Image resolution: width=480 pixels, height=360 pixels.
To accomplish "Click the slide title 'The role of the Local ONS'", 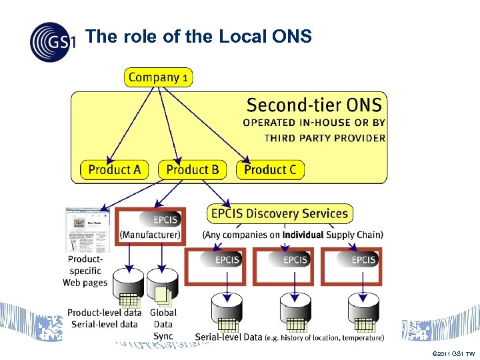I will click(x=199, y=37).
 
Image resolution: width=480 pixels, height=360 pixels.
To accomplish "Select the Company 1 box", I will click(x=158, y=77).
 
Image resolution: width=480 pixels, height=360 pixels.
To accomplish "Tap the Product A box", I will click(x=115, y=169).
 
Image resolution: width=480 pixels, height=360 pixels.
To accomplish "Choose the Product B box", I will click(x=192, y=169).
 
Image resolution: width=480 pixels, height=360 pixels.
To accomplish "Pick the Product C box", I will click(x=270, y=169).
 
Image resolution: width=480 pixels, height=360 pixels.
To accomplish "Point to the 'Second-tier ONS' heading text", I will click(x=314, y=105).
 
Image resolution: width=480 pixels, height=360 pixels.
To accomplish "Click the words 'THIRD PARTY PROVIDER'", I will click(x=325, y=138).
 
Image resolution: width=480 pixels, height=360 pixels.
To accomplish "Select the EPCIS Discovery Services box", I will click(x=279, y=213).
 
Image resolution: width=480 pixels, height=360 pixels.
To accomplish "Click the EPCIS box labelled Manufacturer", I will click(x=151, y=225).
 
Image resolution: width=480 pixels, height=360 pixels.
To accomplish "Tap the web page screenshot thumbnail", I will click(x=87, y=230).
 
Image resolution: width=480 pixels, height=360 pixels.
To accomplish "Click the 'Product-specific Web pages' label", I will click(x=85, y=271).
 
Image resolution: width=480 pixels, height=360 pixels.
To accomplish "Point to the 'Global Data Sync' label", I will click(x=163, y=324).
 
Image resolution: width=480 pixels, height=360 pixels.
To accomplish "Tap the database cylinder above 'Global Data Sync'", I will click(x=161, y=285).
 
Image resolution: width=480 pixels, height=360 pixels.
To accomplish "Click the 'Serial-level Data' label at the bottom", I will click(x=229, y=337).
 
